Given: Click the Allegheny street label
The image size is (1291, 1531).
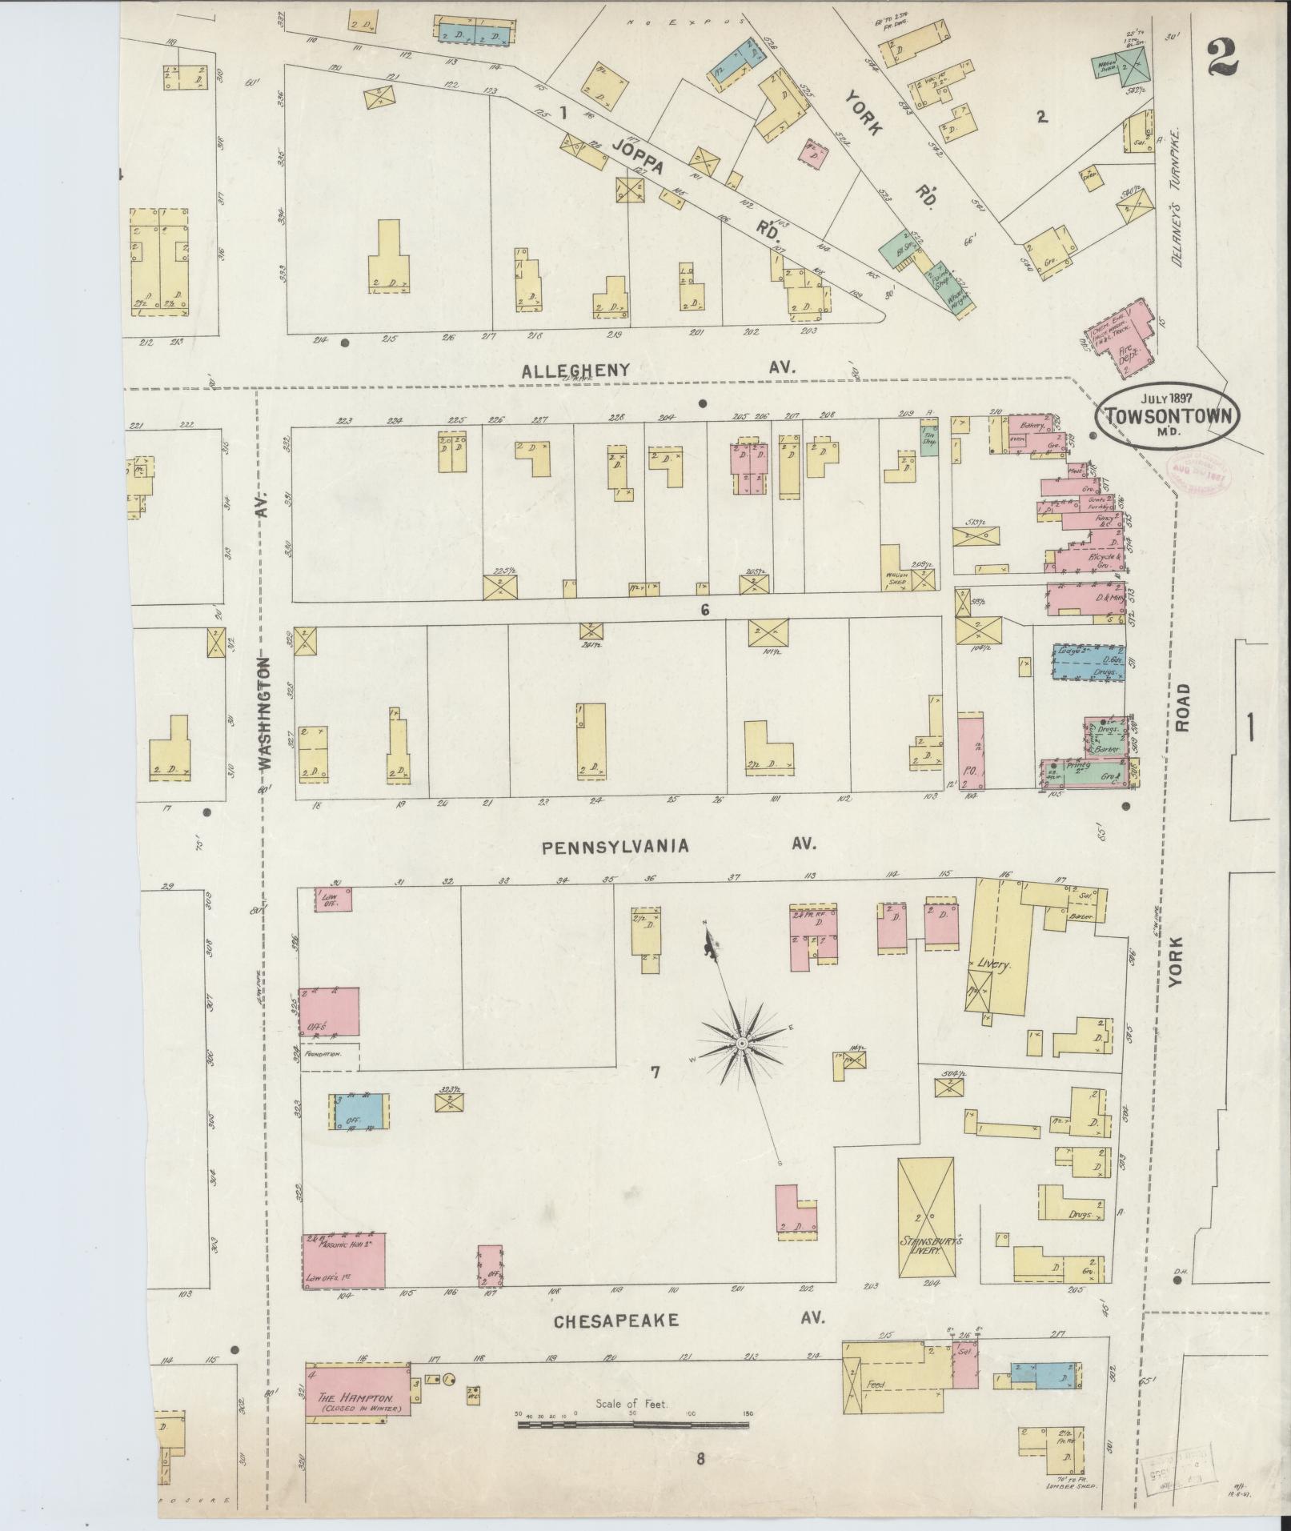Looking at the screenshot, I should coord(575,370).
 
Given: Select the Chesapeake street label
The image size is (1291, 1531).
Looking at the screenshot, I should coord(616,1321).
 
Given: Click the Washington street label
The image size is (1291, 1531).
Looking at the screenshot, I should coord(266,713).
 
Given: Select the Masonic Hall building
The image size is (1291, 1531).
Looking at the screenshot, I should coord(344,1282).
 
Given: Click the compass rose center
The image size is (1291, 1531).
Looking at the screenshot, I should coord(742,1045).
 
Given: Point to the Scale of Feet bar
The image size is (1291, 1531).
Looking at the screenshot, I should coord(632,1425).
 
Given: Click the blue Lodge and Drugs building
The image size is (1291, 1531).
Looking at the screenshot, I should coord(1087,663).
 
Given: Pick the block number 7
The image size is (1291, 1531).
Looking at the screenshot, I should coord(655,1072).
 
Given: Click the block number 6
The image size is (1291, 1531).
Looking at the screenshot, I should coord(704,610).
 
